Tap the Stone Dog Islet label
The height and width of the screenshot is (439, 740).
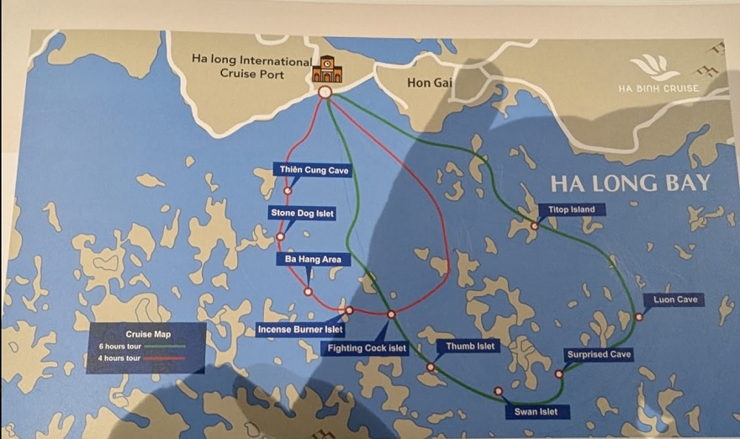click(302, 214)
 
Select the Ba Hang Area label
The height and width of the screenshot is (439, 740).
click(313, 260)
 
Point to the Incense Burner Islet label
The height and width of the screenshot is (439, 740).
click(300, 330)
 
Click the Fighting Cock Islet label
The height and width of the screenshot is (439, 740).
click(367, 347)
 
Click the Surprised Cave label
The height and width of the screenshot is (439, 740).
click(599, 354)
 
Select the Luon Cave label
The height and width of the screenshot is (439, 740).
click(675, 299)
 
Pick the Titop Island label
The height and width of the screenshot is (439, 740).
click(571, 209)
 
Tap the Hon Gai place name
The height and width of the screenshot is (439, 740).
click(430, 82)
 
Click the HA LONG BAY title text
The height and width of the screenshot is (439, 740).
click(631, 183)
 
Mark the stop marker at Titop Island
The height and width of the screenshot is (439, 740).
click(535, 225)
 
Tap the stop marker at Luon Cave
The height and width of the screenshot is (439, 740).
click(639, 317)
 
